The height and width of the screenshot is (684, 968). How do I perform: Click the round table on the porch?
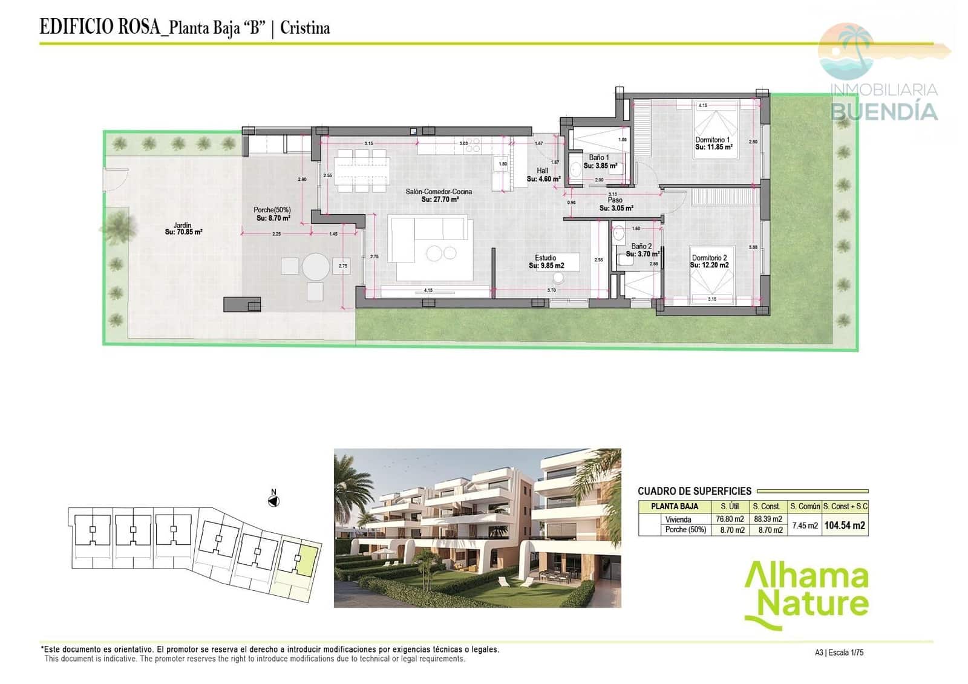pos(316,266)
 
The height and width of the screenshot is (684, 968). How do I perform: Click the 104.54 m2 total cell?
pos(845,526)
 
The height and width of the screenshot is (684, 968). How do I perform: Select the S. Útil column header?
pos(730,506)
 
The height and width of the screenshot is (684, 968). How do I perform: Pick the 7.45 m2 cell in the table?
pos(805,526)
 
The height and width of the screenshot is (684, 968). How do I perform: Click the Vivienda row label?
pos(678,520)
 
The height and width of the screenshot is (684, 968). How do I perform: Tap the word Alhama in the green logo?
pos(806,578)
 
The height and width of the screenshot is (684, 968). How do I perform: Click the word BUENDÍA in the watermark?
pos(884,111)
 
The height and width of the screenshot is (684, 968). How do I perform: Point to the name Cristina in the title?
pos(305,28)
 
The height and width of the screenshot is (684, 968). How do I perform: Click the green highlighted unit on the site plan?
pos(308,561)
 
